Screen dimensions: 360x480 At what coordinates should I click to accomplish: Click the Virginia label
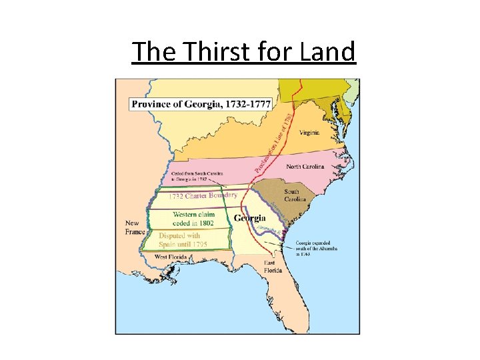point(309,132)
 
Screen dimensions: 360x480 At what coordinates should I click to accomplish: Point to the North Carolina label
point(306,166)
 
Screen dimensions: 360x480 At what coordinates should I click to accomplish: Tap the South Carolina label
point(295,195)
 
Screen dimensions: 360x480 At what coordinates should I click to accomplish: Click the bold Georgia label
point(250,218)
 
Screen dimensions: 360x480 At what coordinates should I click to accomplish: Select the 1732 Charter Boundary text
point(203,196)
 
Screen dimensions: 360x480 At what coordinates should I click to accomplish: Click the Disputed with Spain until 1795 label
point(183,240)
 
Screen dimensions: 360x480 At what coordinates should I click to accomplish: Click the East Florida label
point(273,267)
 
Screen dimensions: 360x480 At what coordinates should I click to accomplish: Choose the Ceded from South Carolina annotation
point(197,177)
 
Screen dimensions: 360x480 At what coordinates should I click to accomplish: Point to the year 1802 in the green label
point(205,223)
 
